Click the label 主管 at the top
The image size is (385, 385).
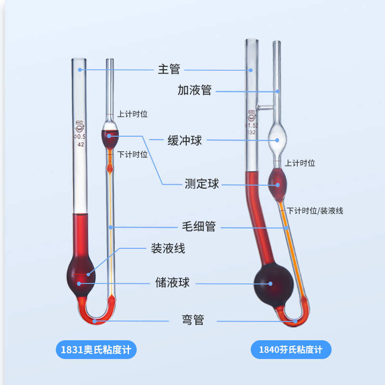pyautogui.click(x=169, y=69)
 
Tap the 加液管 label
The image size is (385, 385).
pyautogui.click(x=194, y=90)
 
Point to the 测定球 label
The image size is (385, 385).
pyautogui.click(x=202, y=183)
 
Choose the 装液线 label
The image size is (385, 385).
pyautogui.click(x=167, y=248)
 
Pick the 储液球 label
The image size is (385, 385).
pyautogui.click(x=172, y=282)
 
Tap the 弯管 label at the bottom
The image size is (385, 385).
pyautogui.click(x=192, y=320)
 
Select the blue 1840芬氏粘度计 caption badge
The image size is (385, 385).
pyautogui.click(x=291, y=349)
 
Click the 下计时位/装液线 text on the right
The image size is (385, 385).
pyautogui.click(x=315, y=211)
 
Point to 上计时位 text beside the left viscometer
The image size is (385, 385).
pyautogui.click(x=132, y=114)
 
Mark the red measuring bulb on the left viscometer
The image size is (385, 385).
pyautogui.click(x=110, y=138)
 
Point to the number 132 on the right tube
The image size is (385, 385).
pyautogui.click(x=251, y=132)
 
